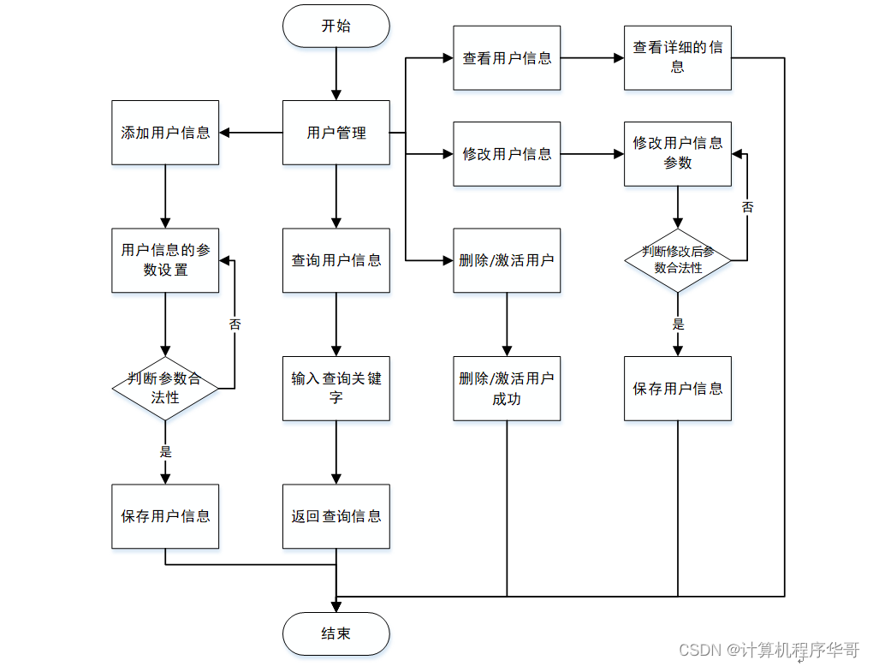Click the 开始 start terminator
(x=336, y=26)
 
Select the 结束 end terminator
(x=336, y=633)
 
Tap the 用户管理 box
(x=336, y=133)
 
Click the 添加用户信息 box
(x=165, y=133)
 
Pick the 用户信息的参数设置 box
(x=165, y=260)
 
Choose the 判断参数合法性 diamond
(x=165, y=388)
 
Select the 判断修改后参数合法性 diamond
(x=677, y=260)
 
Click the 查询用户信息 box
(x=336, y=260)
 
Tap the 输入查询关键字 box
(x=336, y=388)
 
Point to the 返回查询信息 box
(x=336, y=516)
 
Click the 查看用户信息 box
(x=507, y=58)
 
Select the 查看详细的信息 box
(x=677, y=58)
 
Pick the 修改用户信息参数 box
(x=677, y=153)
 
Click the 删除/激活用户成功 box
(x=507, y=388)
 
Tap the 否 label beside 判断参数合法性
(x=235, y=324)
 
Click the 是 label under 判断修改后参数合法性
(x=678, y=324)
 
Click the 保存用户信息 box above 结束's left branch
(x=165, y=516)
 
